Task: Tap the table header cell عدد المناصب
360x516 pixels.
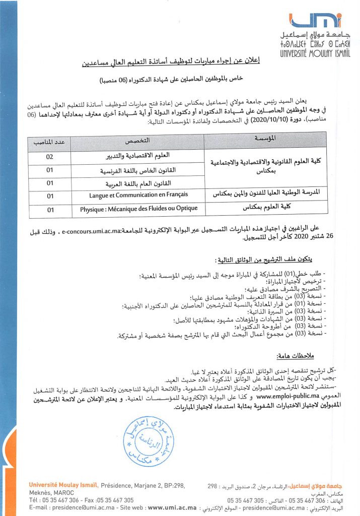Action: click(50, 142)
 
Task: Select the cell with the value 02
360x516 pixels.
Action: click(50, 157)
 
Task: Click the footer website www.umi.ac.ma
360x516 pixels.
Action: click(172, 507)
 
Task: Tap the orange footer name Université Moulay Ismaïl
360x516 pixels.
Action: click(63, 485)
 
